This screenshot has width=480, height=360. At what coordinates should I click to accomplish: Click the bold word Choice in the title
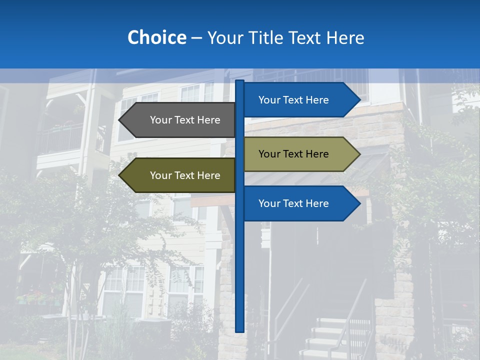point(156,37)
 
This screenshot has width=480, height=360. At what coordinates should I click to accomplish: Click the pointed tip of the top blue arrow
point(359,100)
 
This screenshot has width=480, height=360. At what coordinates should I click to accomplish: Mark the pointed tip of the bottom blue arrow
point(359,203)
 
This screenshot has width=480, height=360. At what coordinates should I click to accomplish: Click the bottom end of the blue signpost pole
point(240,330)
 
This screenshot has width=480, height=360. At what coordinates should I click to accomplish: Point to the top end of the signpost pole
point(240,81)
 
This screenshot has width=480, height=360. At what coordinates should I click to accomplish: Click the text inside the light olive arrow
point(293,154)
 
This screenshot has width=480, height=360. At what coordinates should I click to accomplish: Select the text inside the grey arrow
point(185,120)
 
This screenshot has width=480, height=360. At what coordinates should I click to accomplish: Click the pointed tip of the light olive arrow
point(359,154)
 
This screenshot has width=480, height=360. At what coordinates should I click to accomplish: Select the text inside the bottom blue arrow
point(293,203)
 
